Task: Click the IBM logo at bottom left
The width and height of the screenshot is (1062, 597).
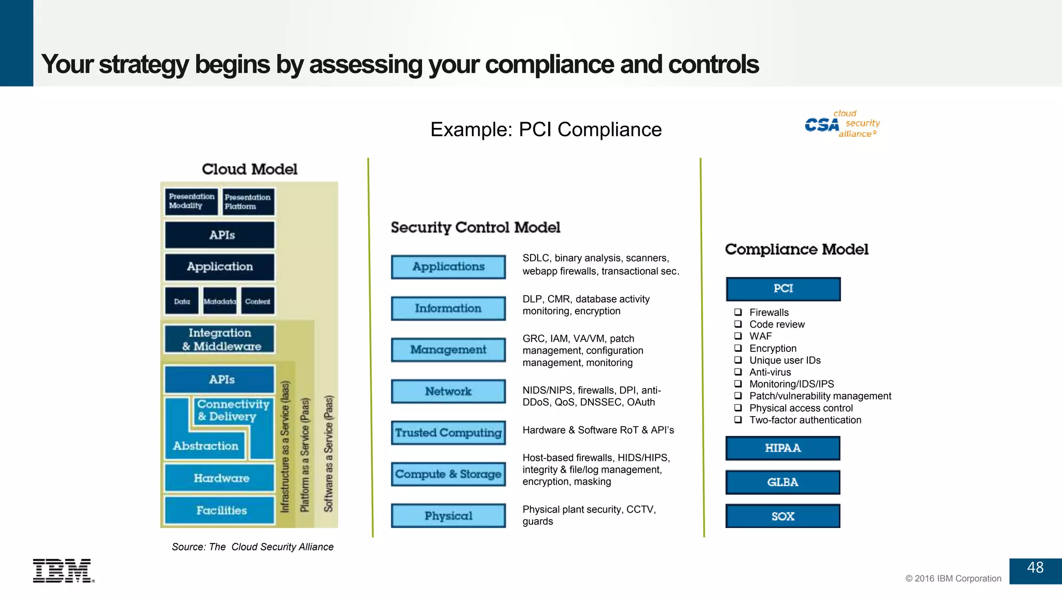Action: [x=63, y=571]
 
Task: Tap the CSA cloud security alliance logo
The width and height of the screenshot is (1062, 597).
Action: [x=842, y=124]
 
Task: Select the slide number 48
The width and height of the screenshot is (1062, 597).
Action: [x=1035, y=568]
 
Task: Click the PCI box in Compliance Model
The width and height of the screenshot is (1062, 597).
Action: [x=783, y=289]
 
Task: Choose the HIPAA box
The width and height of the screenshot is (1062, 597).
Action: [x=782, y=448]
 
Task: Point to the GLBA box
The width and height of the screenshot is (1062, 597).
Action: [x=782, y=482]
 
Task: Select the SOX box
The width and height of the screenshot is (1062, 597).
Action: [x=782, y=516]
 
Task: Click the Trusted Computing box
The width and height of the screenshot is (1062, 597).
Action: [x=448, y=433]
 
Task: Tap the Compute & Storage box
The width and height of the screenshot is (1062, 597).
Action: [x=448, y=474]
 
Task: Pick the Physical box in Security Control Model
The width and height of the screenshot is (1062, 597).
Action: [x=448, y=516]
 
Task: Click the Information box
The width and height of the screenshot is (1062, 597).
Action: [x=448, y=308]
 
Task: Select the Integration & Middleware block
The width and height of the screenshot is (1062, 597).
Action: [x=220, y=339]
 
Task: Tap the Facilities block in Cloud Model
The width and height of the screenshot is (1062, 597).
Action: [x=220, y=510]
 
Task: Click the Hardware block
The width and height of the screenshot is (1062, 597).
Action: [x=220, y=478]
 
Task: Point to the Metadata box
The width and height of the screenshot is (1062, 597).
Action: [x=220, y=302]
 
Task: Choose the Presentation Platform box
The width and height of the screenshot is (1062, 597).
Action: [x=248, y=202]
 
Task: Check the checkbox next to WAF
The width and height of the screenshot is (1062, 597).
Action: [x=738, y=336]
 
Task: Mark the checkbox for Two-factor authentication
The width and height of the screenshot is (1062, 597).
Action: [x=738, y=420]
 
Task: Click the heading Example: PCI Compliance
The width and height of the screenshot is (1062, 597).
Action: [x=546, y=130]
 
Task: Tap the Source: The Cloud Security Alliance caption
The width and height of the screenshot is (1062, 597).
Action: [x=253, y=547]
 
